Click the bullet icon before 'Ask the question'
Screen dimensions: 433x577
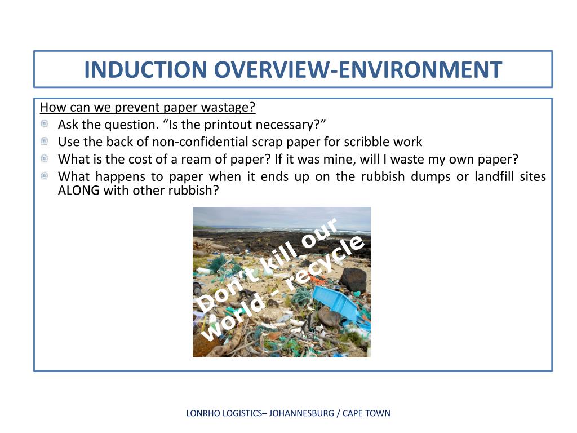click(45, 124)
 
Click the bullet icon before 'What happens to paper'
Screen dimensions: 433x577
click(45, 176)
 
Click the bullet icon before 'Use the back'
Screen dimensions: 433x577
click(45, 142)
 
